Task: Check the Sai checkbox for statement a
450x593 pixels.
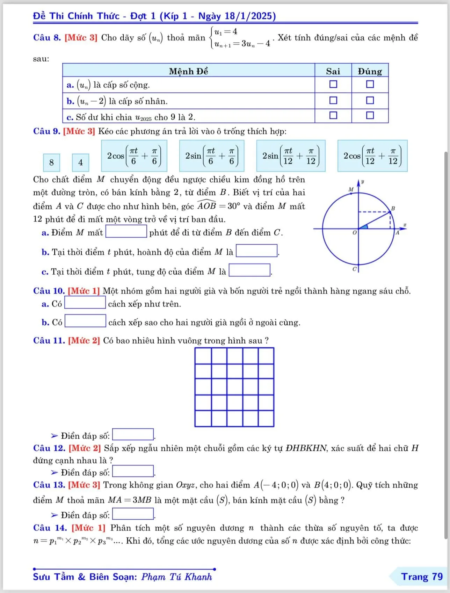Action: click(333, 85)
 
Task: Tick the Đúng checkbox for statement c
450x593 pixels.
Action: click(370, 115)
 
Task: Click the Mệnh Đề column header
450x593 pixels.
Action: click(188, 71)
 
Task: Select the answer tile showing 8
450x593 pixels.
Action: click(52, 162)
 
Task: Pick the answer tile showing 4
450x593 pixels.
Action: click(81, 162)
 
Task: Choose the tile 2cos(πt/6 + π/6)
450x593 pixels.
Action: click(134, 156)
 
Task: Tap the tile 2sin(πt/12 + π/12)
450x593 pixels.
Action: click(291, 156)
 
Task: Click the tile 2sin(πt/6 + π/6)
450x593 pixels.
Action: click(212, 156)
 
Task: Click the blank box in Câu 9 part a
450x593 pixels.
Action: click(126, 232)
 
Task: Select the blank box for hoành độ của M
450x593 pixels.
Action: click(257, 251)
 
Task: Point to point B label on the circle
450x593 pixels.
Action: click(393, 208)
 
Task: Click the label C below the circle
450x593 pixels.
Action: click(354, 269)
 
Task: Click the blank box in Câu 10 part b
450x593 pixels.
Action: click(86, 321)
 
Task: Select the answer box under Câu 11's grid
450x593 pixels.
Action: click(133, 435)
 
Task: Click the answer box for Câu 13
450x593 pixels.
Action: click(133, 514)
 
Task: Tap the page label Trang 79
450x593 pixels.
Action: click(422, 577)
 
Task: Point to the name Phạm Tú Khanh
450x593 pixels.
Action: click(176, 577)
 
